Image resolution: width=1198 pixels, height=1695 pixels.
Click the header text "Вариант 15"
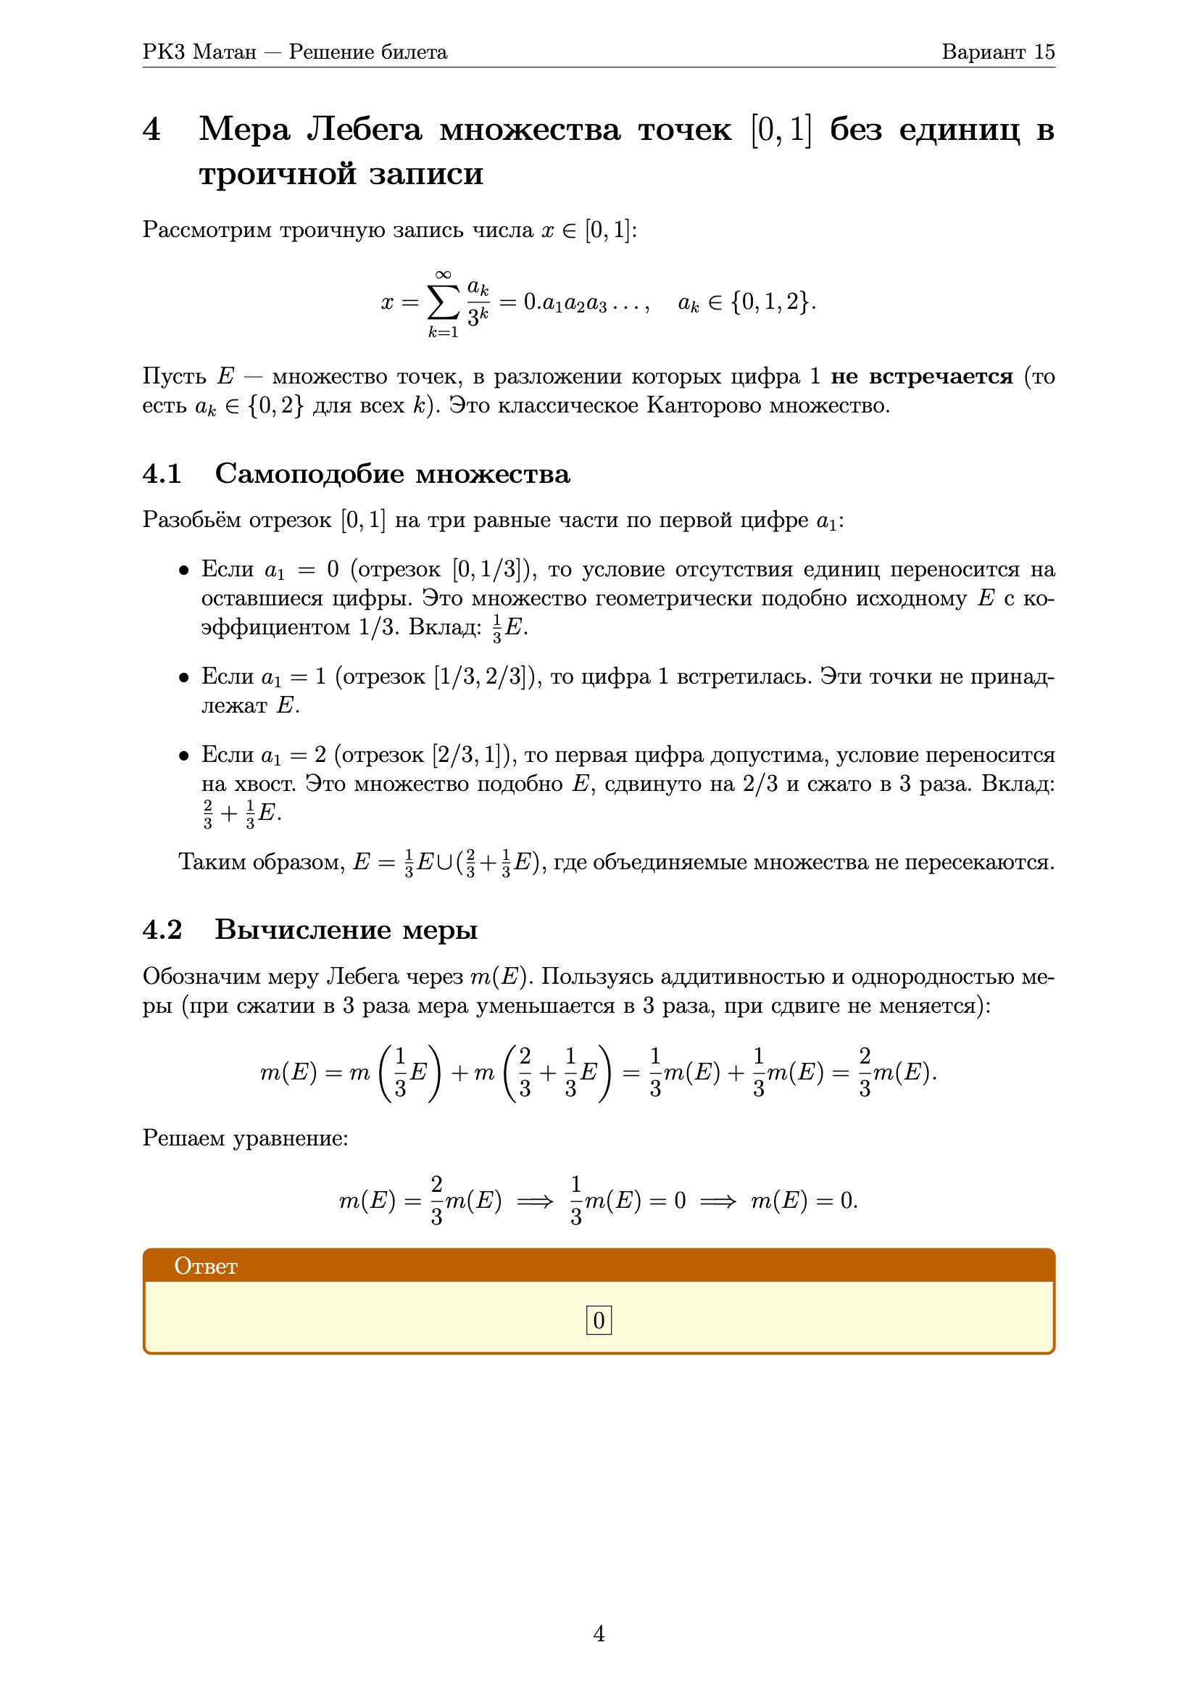997,51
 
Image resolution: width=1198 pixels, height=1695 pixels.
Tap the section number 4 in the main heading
151,130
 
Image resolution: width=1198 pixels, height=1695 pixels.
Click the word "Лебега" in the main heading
365,130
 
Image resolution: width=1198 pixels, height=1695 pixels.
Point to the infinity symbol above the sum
443,275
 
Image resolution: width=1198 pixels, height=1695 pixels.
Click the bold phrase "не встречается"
922,376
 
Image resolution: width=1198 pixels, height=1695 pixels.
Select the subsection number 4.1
162,474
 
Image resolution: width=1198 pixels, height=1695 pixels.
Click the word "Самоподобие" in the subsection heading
309,474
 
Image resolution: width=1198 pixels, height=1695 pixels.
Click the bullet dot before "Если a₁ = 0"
184,571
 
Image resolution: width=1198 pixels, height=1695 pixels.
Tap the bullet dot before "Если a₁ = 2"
184,756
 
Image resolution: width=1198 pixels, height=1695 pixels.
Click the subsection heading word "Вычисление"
303,929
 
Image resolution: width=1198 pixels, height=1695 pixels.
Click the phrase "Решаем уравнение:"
245,1138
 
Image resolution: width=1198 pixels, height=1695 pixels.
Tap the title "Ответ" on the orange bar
205,1267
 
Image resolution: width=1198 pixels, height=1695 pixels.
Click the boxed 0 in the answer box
599,1320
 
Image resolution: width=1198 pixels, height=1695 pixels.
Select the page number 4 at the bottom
599,1633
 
